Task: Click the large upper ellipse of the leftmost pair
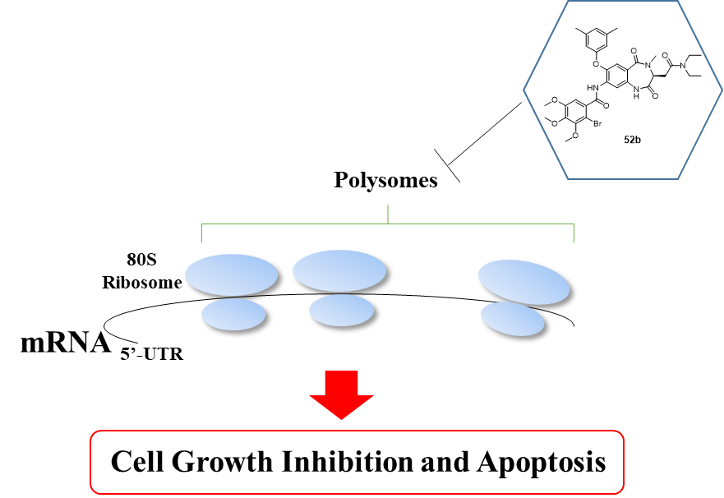[231, 274]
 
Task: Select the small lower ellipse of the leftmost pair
[233, 314]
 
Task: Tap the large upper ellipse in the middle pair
[339, 270]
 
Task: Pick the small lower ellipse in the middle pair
[341, 310]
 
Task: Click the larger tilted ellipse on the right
[523, 282]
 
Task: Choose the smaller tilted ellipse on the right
[512, 319]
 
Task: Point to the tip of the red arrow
[341, 418]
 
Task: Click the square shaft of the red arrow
[341, 383]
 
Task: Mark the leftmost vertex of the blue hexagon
[523, 90]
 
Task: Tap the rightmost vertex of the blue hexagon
[722, 90]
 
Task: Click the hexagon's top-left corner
[568, 2]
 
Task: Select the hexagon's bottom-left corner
[568, 178]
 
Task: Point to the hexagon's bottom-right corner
[678, 178]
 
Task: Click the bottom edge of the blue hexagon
[623, 178]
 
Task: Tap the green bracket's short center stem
[388, 214]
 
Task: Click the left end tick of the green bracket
[202, 233]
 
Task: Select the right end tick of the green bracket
[574, 233]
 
